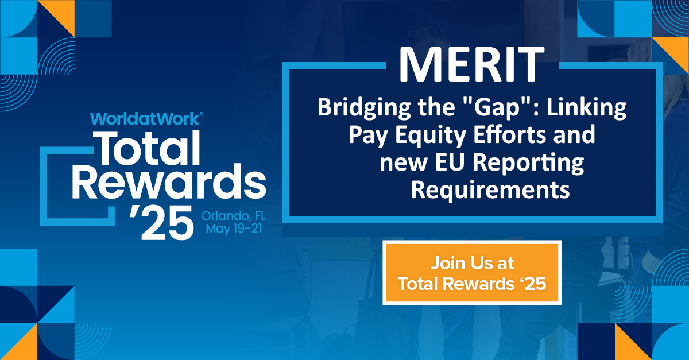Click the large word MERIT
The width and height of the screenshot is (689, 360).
472,64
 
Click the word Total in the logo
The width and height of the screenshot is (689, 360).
149,148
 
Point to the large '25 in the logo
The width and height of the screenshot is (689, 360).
162,222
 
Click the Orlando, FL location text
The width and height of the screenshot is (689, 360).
234,216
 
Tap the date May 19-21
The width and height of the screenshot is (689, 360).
234,229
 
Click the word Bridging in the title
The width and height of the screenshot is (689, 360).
364,109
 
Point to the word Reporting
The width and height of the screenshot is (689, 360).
528,164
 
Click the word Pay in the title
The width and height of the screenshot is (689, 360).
368,136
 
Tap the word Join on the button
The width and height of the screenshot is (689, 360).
447,264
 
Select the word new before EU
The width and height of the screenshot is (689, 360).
403,164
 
